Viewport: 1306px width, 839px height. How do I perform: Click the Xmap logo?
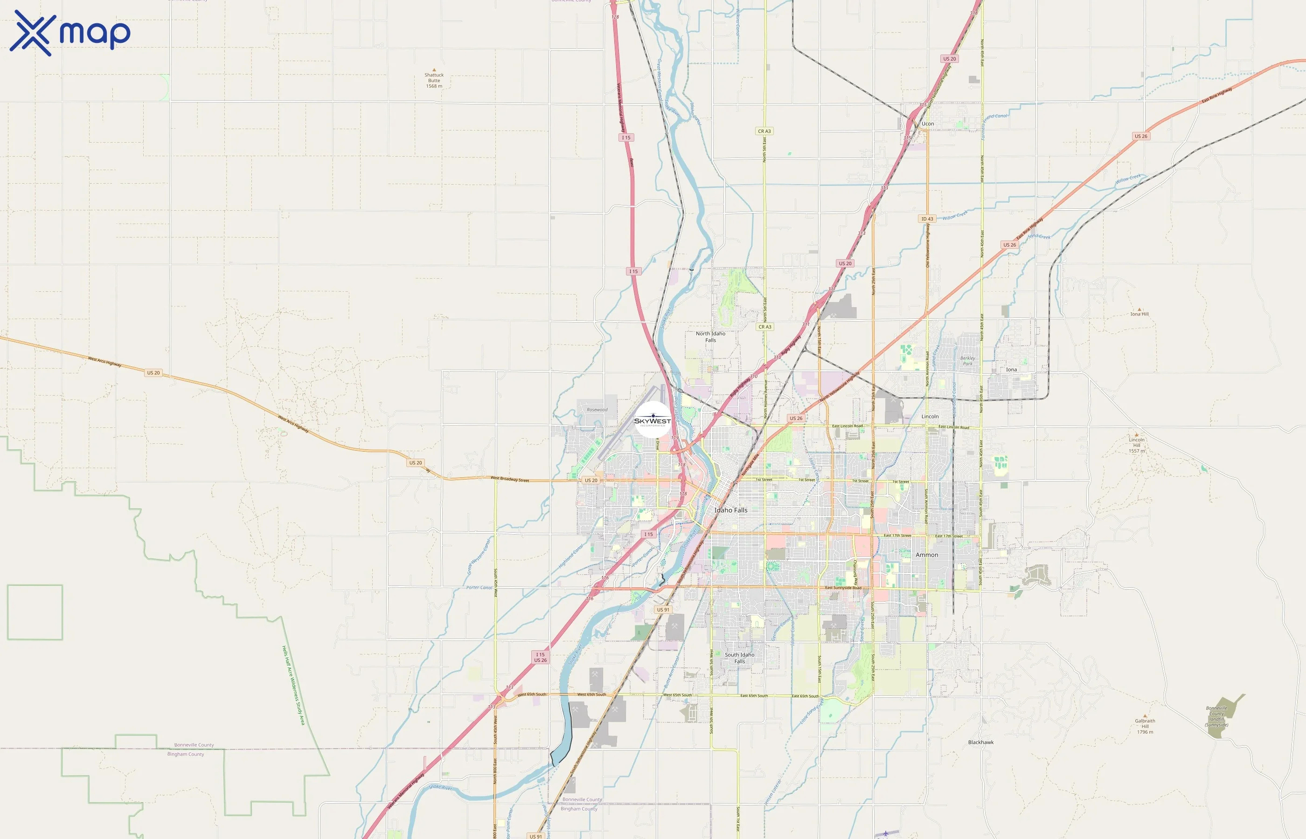[x=70, y=33]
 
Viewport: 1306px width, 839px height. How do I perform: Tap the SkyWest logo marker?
[x=653, y=419]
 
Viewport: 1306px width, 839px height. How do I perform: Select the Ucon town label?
[x=928, y=124]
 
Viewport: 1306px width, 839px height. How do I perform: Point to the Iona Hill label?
[x=1139, y=314]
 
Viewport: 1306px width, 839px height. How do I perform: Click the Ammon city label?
[x=927, y=555]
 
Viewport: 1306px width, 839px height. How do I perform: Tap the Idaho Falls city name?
[x=731, y=510]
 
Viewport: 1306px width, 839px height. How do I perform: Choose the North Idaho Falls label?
[x=710, y=337]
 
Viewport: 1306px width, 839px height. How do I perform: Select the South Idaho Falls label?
[x=739, y=658]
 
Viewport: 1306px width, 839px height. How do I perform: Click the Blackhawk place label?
[x=980, y=742]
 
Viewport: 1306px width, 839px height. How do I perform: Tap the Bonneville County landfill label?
[x=1216, y=716]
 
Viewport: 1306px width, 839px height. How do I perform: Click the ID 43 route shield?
[x=927, y=219]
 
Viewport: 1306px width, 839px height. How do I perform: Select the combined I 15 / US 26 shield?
[x=540, y=657]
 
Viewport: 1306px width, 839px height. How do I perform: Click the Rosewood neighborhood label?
[x=597, y=410]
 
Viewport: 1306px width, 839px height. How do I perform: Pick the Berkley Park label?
[x=967, y=361]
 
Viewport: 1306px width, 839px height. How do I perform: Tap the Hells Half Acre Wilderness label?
[x=293, y=685]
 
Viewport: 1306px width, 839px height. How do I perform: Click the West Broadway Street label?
[x=510, y=479]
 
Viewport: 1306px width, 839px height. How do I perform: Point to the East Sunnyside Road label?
[x=843, y=588]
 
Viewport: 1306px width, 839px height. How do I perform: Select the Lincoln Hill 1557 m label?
[x=1137, y=445]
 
